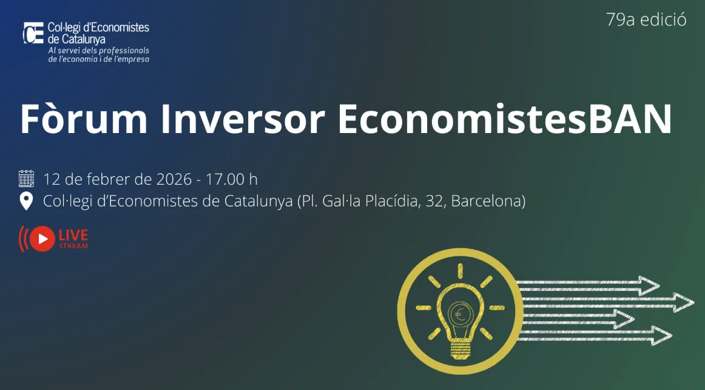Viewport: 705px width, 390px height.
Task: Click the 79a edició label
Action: pyautogui.click(x=646, y=20)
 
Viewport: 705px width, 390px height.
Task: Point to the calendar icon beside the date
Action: pyautogui.click(x=26, y=179)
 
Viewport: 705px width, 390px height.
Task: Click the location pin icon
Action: pyautogui.click(x=26, y=201)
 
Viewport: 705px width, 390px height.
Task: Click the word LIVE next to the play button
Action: pyautogui.click(x=73, y=234)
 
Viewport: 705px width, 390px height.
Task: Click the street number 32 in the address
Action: pyautogui.click(x=433, y=201)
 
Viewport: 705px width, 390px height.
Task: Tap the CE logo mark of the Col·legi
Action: pyautogui.click(x=33, y=33)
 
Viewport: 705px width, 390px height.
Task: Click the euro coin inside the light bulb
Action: pyautogui.click(x=459, y=315)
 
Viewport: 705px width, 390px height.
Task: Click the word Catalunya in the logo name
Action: pyautogui.click(x=84, y=39)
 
